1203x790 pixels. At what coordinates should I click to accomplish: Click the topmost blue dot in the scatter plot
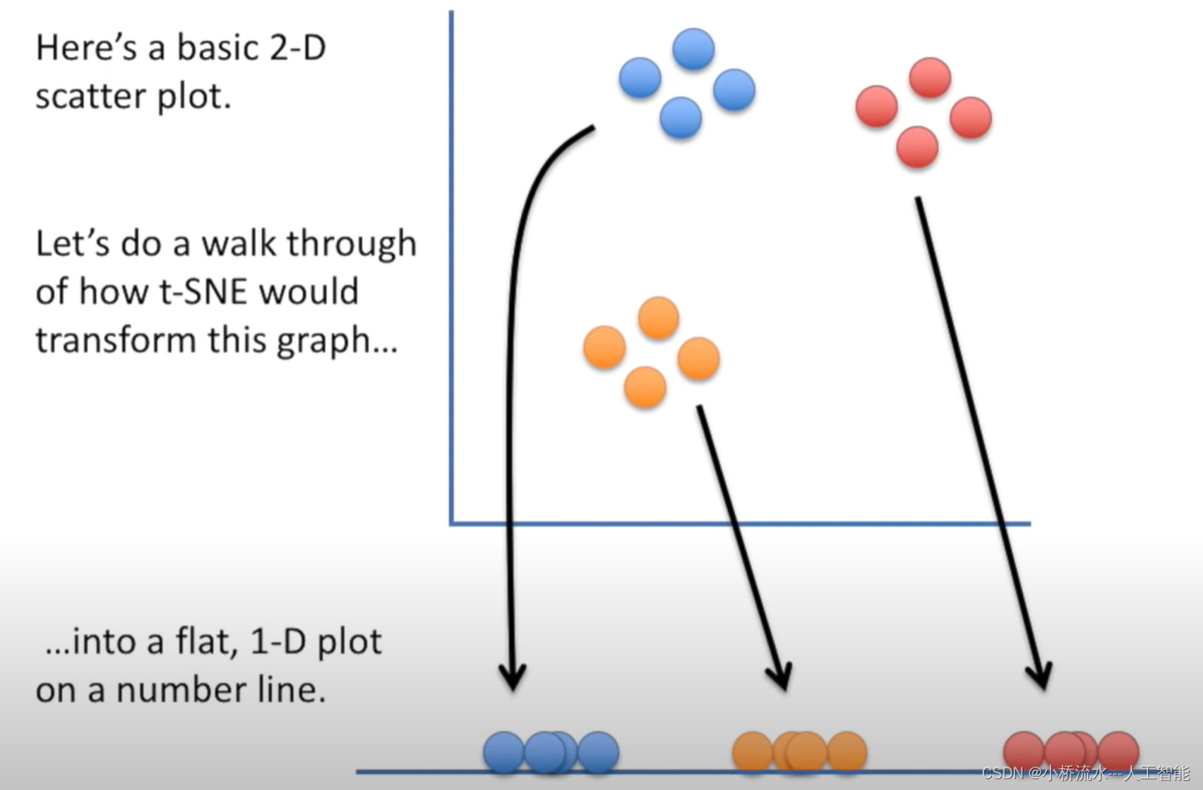click(693, 49)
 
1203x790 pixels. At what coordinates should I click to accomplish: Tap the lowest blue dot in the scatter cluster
click(681, 117)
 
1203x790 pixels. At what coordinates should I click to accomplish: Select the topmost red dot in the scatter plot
click(929, 78)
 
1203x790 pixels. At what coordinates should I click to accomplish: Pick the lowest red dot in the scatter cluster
click(917, 147)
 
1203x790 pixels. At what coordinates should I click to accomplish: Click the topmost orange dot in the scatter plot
click(658, 318)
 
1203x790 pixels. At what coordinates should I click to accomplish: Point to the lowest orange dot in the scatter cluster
click(645, 387)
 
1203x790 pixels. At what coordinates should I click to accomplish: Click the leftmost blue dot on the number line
click(503, 753)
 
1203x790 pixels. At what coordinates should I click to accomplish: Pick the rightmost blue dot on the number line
click(599, 753)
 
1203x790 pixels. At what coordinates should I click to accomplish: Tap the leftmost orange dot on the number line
click(752, 753)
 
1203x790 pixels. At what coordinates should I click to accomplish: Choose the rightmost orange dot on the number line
click(847, 753)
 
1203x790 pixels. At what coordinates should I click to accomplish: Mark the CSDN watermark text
click(1086, 773)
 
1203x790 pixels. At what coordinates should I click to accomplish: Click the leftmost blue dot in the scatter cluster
click(640, 78)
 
